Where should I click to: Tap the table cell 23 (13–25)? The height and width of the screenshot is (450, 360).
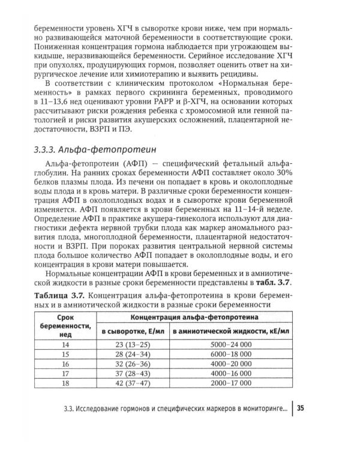click(x=129, y=344)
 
